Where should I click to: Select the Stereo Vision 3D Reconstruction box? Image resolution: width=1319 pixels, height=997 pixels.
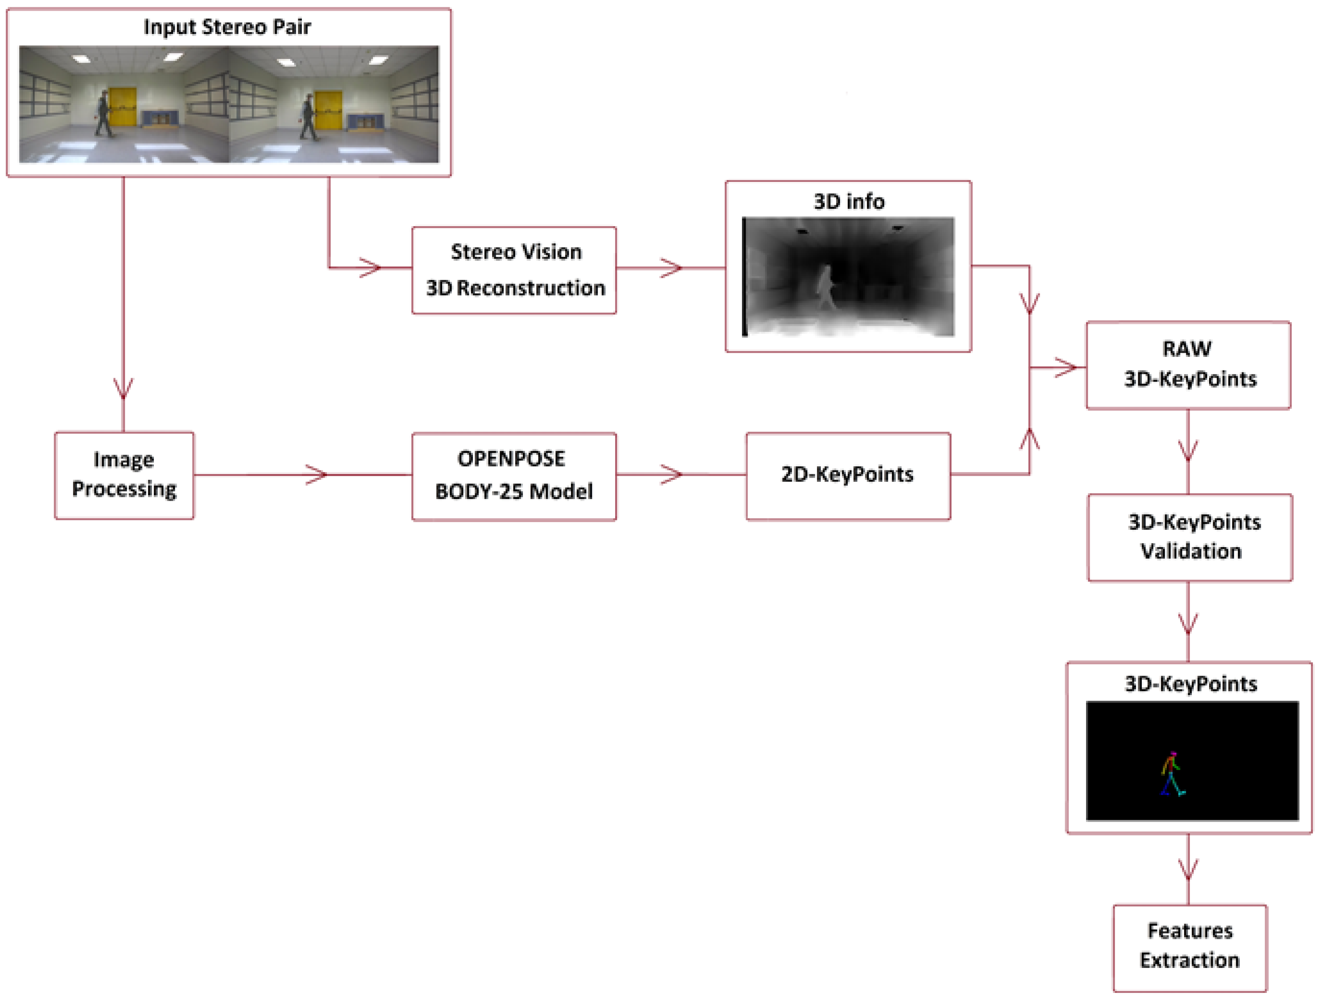514,270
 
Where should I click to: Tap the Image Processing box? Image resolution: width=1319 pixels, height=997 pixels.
124,475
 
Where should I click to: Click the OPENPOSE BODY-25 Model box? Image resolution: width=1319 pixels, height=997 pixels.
514,476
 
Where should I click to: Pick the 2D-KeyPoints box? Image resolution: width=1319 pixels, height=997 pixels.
847,475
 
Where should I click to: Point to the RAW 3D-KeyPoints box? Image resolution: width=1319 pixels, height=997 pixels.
1189,365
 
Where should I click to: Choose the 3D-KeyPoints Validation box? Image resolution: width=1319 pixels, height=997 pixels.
1190,536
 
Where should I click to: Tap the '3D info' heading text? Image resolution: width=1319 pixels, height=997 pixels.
849,202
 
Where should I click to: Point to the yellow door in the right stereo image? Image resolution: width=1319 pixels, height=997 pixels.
328,109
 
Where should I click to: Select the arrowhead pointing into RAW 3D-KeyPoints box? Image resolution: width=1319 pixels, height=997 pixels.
1067,367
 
